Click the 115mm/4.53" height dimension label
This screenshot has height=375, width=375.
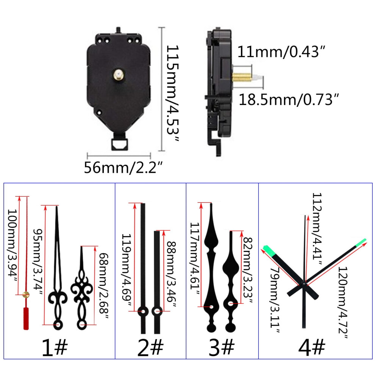click(x=172, y=93)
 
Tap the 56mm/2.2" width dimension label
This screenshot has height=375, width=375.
click(x=123, y=167)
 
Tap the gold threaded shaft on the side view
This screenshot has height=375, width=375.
click(x=242, y=77)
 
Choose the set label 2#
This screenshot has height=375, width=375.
click(x=150, y=347)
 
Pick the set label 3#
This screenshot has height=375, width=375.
click(x=222, y=347)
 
